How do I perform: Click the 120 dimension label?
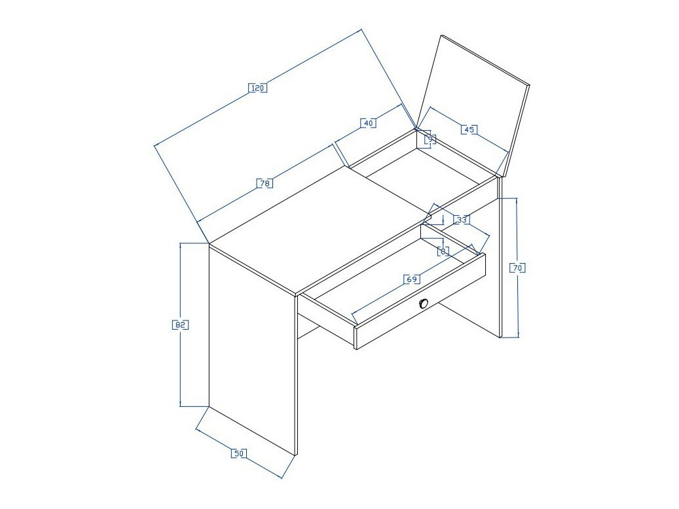(x=258, y=88)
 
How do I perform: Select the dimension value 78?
(x=265, y=184)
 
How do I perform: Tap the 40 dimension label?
(x=368, y=123)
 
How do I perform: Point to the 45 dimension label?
(x=468, y=130)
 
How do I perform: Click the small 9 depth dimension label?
(x=430, y=139)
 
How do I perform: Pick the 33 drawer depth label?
(x=462, y=220)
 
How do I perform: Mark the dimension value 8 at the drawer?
(x=443, y=251)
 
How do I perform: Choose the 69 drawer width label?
(x=412, y=279)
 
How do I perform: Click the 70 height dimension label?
(x=517, y=268)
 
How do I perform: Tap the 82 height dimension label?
(x=181, y=325)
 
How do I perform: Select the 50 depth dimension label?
(x=239, y=453)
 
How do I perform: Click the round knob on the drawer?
(x=424, y=303)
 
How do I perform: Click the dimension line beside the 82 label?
(x=181, y=366)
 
